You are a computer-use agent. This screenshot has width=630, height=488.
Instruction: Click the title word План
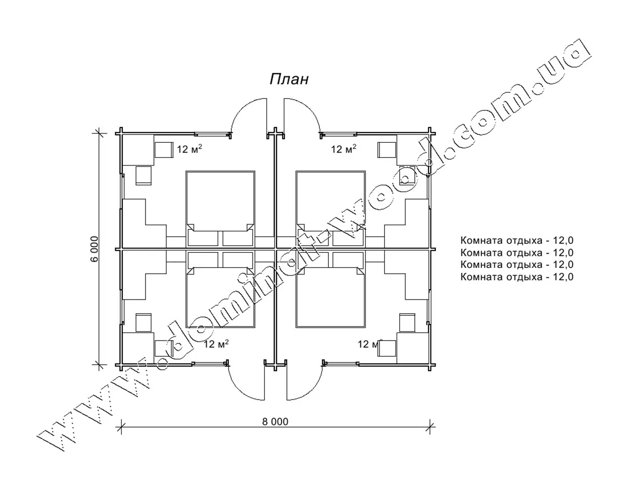point(289,79)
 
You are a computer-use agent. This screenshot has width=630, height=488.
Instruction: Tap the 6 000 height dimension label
point(95,249)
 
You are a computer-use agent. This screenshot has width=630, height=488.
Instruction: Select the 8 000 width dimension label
point(275,421)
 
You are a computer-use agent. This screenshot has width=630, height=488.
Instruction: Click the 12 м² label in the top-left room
point(189,149)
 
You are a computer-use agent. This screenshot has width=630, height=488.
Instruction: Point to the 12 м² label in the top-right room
point(343,149)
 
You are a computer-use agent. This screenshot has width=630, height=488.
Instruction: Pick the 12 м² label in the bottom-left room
point(216,344)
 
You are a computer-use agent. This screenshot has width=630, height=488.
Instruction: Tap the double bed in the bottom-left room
point(220,290)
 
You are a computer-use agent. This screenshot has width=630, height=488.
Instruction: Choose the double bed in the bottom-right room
point(331,290)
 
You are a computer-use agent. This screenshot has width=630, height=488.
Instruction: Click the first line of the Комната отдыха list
point(517,240)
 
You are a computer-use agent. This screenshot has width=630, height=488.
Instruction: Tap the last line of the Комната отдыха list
point(517,277)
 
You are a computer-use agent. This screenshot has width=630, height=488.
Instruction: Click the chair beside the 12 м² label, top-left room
point(164,150)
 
